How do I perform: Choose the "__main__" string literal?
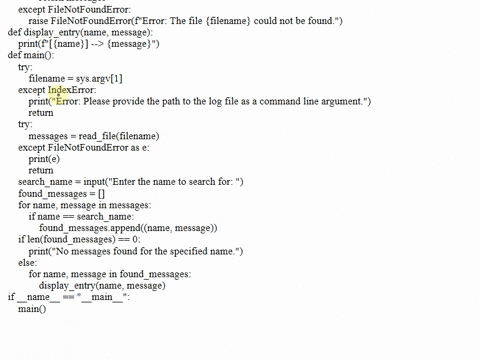point(103,297)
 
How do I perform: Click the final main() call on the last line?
point(32,309)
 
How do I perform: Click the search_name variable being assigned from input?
point(46,181)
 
